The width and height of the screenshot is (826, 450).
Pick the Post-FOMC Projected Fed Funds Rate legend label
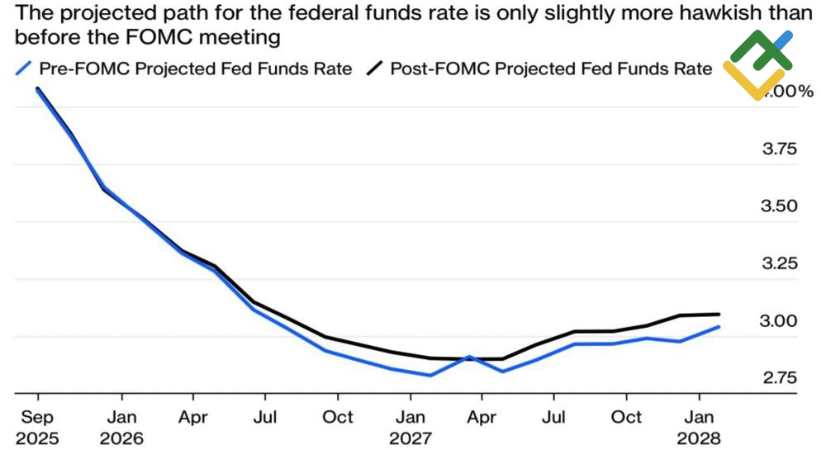point(550,69)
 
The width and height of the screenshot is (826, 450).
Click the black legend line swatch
point(376,69)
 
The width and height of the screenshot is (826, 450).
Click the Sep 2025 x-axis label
point(37,427)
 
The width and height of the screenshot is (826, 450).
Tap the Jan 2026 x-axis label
point(121,427)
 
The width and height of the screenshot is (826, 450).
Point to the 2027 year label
point(411,438)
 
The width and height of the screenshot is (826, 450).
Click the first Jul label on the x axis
point(265,417)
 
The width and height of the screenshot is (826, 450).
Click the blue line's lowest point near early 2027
point(430,375)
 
